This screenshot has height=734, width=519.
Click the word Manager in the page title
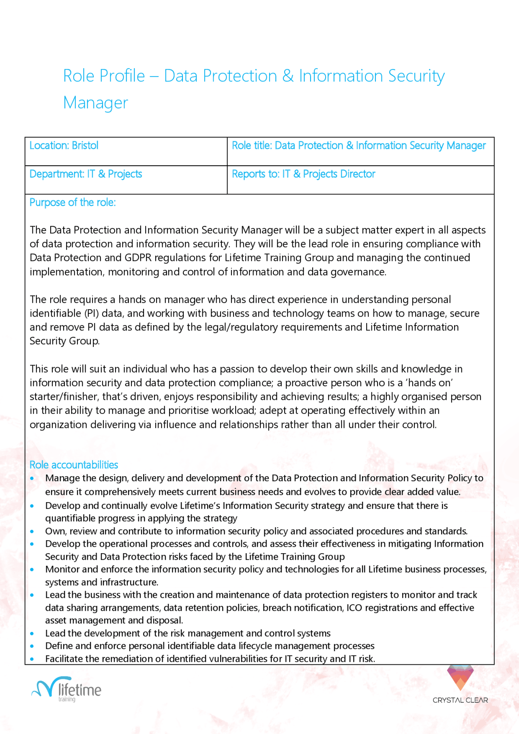coord(96,103)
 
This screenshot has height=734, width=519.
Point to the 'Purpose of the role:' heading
coord(73,202)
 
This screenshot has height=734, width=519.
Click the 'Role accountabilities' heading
coord(74,464)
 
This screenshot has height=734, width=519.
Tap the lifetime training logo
coord(67,689)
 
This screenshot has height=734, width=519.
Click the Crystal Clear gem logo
coord(460,677)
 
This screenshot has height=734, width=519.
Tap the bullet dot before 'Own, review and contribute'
coord(32,531)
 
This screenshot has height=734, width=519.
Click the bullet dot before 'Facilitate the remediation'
coord(32,659)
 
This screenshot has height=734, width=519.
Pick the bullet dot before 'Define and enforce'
coord(32,646)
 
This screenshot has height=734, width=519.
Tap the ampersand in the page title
coord(288,76)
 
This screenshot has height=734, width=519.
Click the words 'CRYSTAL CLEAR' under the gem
coord(460,700)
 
